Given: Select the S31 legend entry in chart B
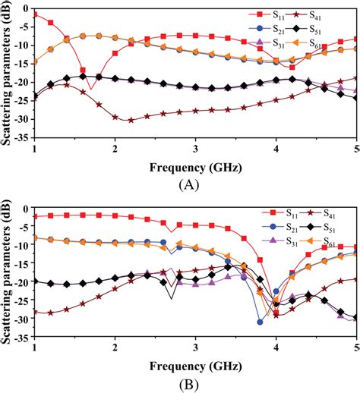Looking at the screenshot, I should (x=282, y=241).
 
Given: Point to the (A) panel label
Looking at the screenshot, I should (x=188, y=184).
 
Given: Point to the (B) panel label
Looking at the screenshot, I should (x=188, y=384).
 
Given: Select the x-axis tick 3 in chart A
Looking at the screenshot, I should (x=195, y=148).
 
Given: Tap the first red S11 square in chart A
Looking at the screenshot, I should (x=35, y=14).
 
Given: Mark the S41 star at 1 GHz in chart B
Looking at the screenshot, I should (x=35, y=311).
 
